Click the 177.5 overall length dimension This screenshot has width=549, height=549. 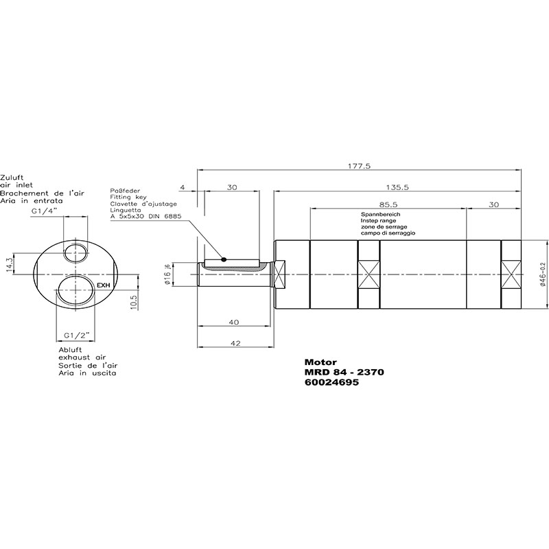[359, 166]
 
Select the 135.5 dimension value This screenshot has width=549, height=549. [397, 187]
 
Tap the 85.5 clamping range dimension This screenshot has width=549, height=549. [388, 205]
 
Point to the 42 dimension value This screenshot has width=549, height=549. [236, 343]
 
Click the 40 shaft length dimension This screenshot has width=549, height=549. [234, 322]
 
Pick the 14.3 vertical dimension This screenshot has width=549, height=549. [10, 264]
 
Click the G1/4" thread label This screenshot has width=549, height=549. [44, 211]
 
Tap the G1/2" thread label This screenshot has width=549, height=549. [75, 335]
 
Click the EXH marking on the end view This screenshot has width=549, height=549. [104, 285]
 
